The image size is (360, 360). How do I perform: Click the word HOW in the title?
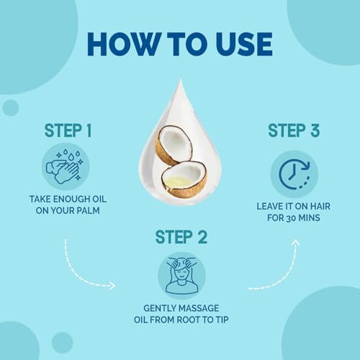click(123, 45)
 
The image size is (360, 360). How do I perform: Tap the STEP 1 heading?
click(68, 130)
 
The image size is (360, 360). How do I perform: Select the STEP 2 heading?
click(181, 237)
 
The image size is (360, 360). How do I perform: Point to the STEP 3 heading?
click(294, 130)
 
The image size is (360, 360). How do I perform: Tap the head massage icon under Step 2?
click(181, 276)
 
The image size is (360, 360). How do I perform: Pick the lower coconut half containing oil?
click(184, 179)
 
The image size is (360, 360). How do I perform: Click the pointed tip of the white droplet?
click(181, 80)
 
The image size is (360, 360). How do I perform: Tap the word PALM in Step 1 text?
click(88, 210)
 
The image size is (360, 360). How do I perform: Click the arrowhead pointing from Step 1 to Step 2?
click(112, 286)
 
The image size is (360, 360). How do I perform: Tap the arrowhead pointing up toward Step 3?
click(295, 243)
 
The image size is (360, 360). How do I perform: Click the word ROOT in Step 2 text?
click(189, 320)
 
